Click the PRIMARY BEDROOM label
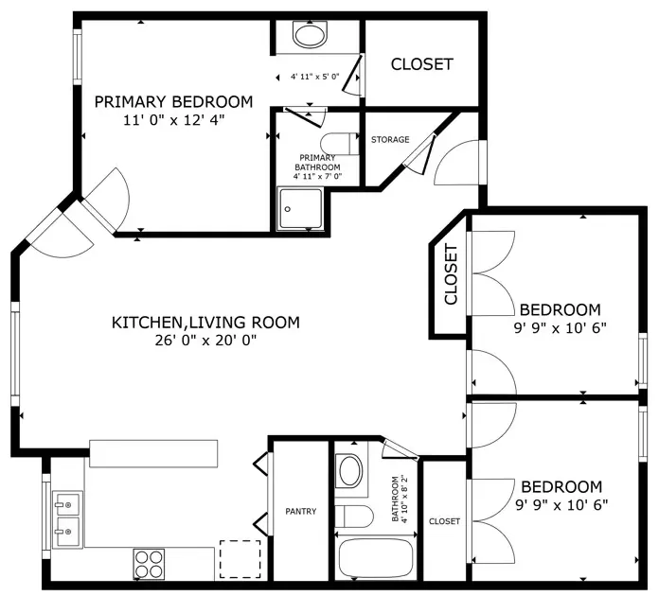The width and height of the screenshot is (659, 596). point(173,102)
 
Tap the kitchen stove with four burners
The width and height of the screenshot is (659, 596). point(149,564)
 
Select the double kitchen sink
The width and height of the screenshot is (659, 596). point(67,520)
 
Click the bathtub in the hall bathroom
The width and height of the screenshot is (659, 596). point(376,558)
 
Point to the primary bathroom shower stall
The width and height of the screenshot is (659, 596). point(300,209)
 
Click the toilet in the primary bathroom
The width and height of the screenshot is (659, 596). point(340,144)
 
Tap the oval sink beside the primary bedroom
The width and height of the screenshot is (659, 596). point(310,35)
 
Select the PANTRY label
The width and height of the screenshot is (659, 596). point(300,511)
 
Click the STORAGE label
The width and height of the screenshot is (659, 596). point(390,139)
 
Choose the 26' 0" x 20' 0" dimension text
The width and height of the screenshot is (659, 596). point(205,340)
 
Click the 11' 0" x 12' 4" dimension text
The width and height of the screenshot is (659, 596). point(174,120)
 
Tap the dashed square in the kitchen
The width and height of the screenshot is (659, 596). point(240,559)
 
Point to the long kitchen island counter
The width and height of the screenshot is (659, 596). point(153,453)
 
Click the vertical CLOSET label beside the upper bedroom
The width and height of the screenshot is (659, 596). point(451,274)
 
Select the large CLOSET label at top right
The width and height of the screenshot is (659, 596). point(422,64)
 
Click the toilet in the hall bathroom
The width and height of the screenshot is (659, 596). point(354,517)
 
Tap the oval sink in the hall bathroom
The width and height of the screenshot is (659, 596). point(350,471)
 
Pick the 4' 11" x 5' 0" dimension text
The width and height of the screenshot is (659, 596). point(314,77)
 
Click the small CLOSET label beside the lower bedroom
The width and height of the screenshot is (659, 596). point(444,521)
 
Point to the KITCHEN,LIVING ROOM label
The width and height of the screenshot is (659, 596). point(205,323)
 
